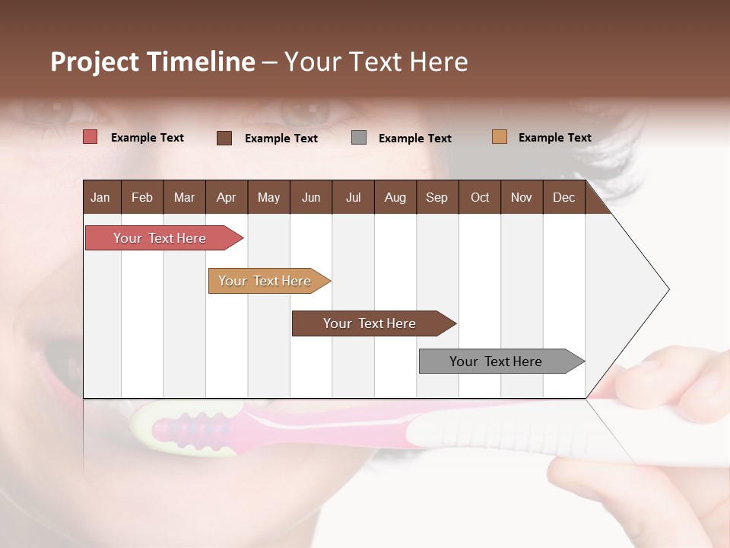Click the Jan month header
pyautogui.click(x=101, y=197)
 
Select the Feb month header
pyautogui.click(x=142, y=197)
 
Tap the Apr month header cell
pyautogui.click(x=226, y=197)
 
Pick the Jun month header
pyautogui.click(x=310, y=197)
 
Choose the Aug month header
pyautogui.click(x=395, y=197)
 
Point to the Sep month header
pyautogui.click(x=436, y=197)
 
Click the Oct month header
pyautogui.click(x=479, y=197)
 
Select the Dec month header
pyautogui.click(x=563, y=197)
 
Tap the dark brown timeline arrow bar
pyautogui.click(x=370, y=323)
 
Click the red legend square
pyautogui.click(x=90, y=137)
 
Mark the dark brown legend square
pyautogui.click(x=224, y=138)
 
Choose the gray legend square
pyautogui.click(x=359, y=138)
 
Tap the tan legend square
pyautogui.click(x=499, y=137)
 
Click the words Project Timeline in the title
pyautogui.click(x=152, y=62)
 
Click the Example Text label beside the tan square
pyautogui.click(x=554, y=138)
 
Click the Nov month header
pyautogui.click(x=521, y=197)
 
